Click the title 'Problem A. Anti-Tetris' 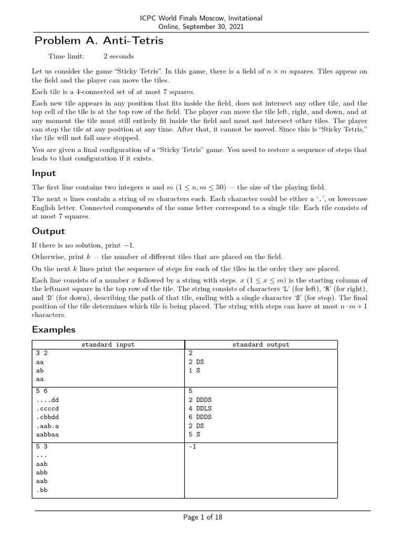[99, 40]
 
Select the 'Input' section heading [44, 173]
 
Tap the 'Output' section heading [48, 231]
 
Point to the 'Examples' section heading [54, 329]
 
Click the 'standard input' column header [108, 345]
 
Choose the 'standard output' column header [260, 345]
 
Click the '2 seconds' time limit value [119, 56]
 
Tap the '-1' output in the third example [192, 447]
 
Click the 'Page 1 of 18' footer [203, 518]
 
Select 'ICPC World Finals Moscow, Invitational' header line [201, 18]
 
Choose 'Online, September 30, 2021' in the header [201, 27]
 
